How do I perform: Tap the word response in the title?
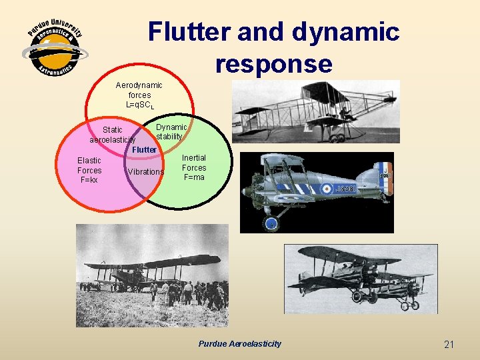(x=273, y=63)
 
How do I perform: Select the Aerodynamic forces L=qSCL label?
(x=139, y=95)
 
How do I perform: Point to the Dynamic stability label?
(x=171, y=131)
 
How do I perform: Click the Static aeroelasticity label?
(x=113, y=135)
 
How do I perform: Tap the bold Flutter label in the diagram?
(x=144, y=150)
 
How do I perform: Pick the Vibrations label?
(x=145, y=172)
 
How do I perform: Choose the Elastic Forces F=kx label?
(x=89, y=170)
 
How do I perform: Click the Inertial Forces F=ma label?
(x=194, y=168)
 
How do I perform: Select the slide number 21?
(x=449, y=344)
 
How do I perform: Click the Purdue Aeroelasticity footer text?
(x=240, y=344)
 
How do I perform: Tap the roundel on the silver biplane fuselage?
(x=327, y=189)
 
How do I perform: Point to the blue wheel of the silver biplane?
(x=271, y=223)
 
